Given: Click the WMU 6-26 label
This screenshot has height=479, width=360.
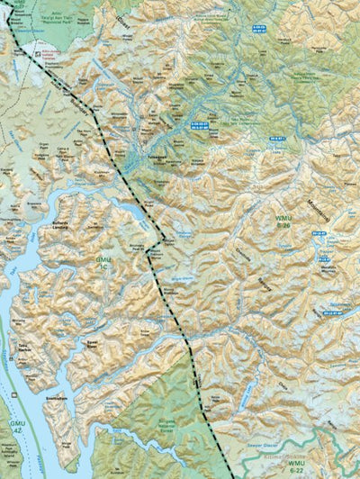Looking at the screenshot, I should tap(283, 221).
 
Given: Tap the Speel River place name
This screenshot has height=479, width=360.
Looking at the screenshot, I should tap(92, 343).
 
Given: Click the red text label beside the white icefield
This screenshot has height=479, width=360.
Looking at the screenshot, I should tap(54, 55).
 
